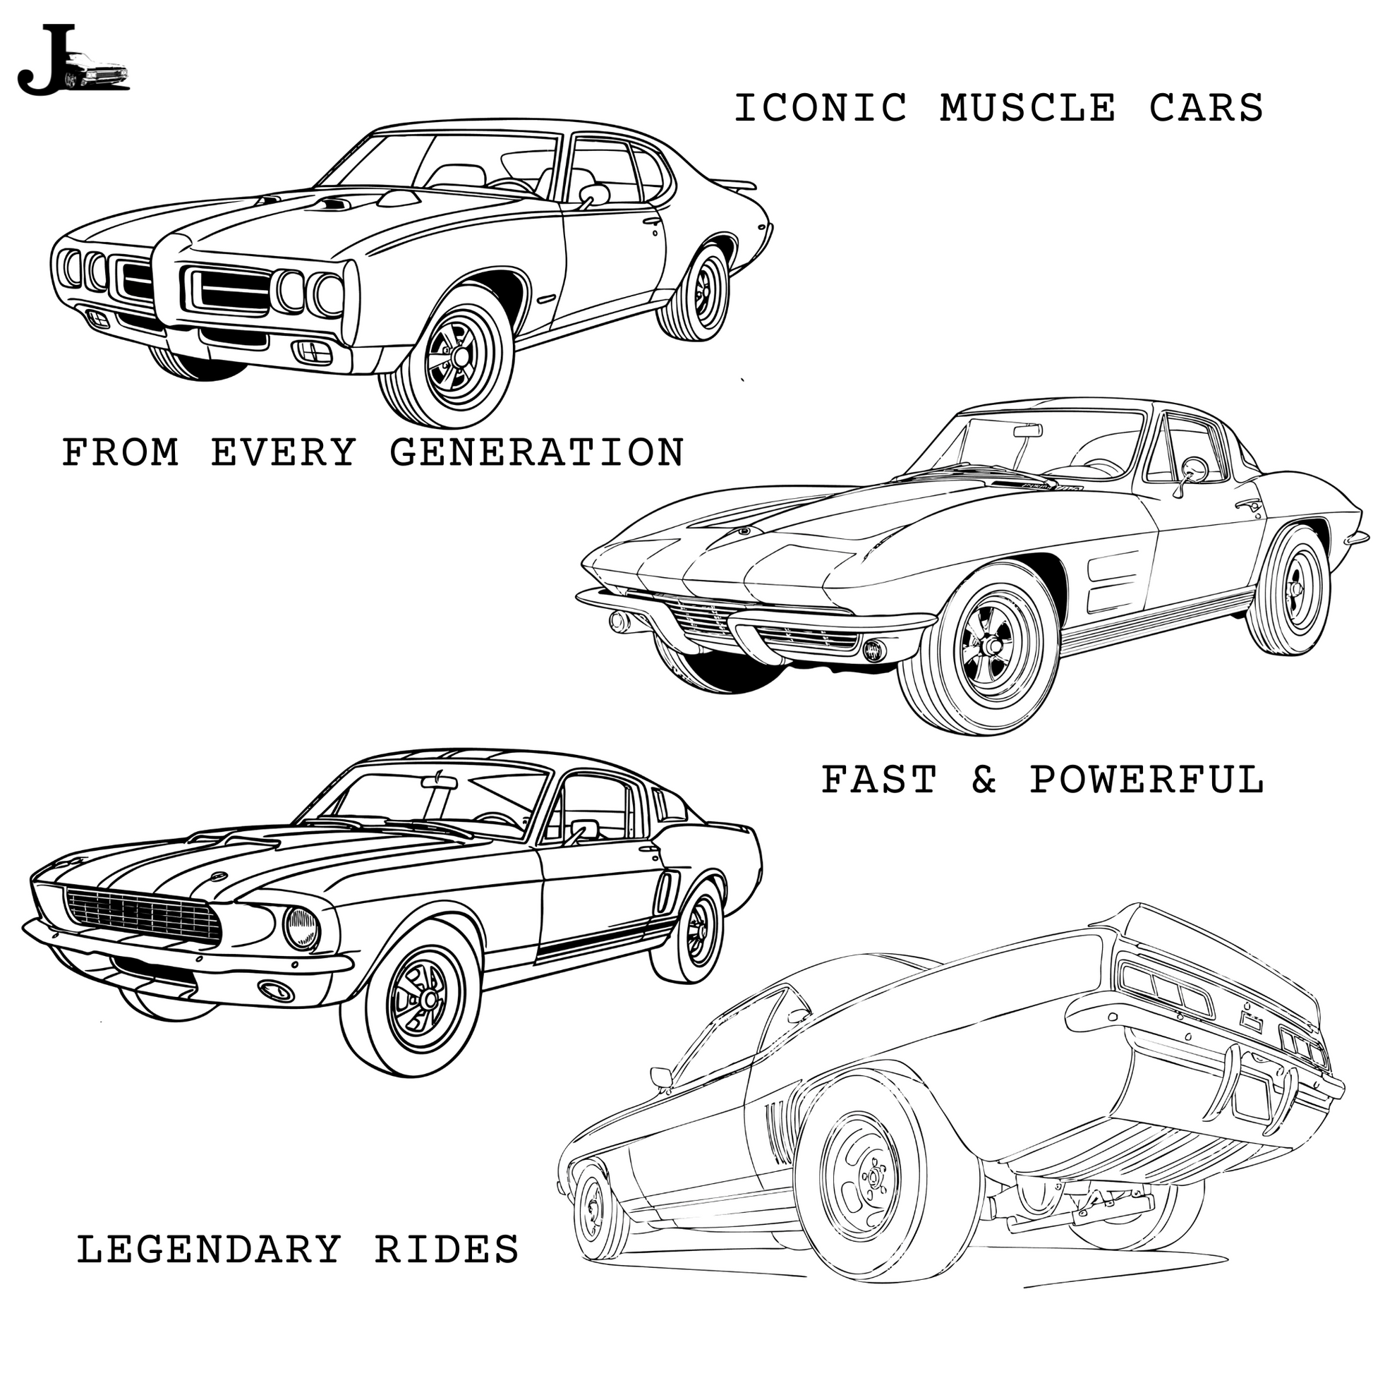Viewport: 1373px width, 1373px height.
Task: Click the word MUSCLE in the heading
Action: [x=1027, y=109]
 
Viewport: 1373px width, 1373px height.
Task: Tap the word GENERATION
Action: [x=537, y=452]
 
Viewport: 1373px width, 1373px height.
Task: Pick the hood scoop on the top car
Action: [x=333, y=205]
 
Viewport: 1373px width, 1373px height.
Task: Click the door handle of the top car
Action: [x=652, y=222]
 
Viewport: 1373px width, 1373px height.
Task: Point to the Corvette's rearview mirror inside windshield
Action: [x=1027, y=430]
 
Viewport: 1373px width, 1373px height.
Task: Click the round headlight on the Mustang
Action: [x=302, y=928]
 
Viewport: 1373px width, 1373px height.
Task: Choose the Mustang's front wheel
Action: [x=413, y=998]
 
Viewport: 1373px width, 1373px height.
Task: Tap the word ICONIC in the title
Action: [x=820, y=109]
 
